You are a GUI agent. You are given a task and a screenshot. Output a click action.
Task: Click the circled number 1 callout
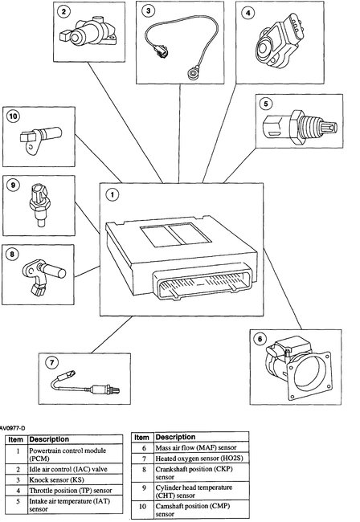(x=113, y=194)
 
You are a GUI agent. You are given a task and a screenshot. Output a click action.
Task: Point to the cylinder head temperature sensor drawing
(x=37, y=201)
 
